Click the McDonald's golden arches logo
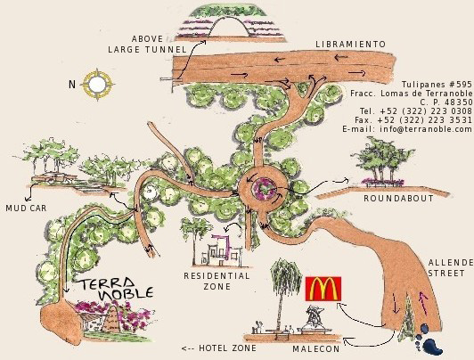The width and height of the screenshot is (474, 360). click(x=323, y=289)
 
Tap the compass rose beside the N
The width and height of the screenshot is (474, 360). click(x=97, y=85)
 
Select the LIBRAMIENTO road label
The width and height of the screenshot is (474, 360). click(x=351, y=45)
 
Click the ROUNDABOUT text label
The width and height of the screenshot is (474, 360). click(x=398, y=199)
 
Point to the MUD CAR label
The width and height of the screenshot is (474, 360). click(x=27, y=208)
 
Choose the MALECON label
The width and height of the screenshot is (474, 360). click(x=316, y=349)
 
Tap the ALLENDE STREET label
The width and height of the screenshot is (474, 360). click(x=451, y=268)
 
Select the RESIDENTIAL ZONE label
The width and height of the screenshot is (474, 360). click(x=217, y=281)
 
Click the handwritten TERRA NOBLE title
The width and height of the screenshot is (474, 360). click(x=117, y=289)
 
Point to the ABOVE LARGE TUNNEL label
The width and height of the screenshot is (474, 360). click(x=147, y=45)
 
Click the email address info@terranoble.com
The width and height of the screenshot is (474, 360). click(x=407, y=129)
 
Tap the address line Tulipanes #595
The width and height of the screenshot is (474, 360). click(x=437, y=84)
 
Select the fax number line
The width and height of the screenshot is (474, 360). click(x=413, y=120)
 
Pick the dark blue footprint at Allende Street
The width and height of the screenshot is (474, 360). click(x=429, y=338)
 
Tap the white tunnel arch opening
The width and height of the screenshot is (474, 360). click(x=229, y=28)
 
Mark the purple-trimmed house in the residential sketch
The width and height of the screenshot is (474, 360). click(x=222, y=250)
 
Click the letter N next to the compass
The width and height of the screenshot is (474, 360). click(x=72, y=85)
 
